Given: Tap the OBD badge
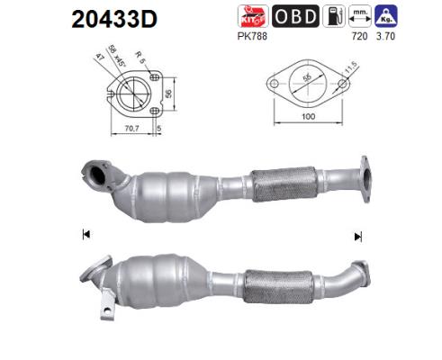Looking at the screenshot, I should point(294,16).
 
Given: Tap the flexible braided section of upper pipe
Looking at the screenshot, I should point(280,185).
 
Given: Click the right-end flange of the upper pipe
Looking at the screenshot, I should point(365,177).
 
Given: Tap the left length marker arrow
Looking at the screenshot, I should point(86,235).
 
